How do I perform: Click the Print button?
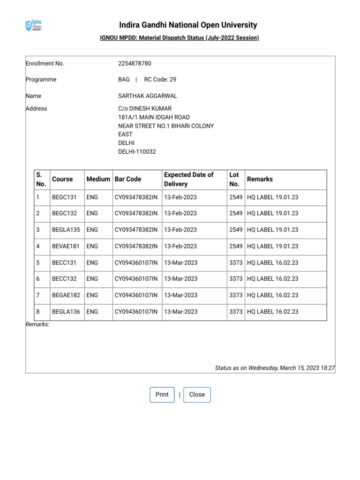[x=162, y=395]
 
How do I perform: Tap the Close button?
[x=197, y=395]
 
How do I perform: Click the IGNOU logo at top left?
[x=33, y=25]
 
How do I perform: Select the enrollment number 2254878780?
[x=135, y=63]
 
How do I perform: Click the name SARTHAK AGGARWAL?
[x=148, y=96]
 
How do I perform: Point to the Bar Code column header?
[x=128, y=179]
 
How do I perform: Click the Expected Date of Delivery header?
[x=188, y=179]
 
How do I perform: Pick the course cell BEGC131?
[x=64, y=197]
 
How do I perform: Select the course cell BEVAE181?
[x=66, y=246]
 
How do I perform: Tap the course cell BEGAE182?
[x=66, y=295]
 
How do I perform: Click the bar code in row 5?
[x=136, y=262]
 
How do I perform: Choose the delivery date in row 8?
[x=180, y=312]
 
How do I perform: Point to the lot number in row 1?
[x=236, y=197]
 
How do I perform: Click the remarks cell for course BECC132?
[x=272, y=279]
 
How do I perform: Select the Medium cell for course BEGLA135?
[x=92, y=230]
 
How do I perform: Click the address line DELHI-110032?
[x=137, y=151]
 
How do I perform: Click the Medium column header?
[x=98, y=179]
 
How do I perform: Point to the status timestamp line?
[x=275, y=368]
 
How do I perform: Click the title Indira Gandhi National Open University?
[x=188, y=25]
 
